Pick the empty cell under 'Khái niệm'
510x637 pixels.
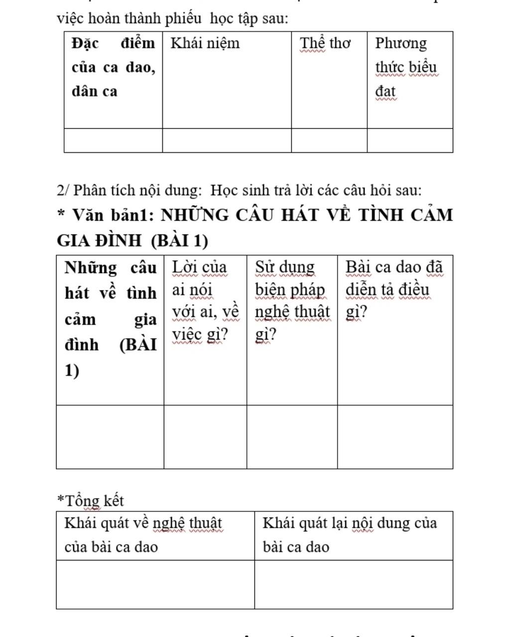click(227, 140)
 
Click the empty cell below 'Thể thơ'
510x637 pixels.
click(329, 140)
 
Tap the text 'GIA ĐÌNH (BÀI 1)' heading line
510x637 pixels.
click(132, 241)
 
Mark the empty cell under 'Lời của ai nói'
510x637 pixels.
click(205, 437)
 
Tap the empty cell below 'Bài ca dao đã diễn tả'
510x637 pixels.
click(395, 437)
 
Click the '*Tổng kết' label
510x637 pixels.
click(91, 501)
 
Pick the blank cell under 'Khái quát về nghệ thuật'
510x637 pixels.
click(155, 584)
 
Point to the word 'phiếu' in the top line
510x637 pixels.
click(183, 18)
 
